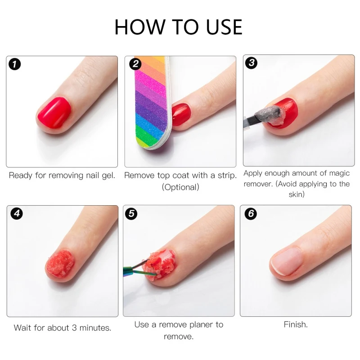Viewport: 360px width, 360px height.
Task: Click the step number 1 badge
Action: [15, 64]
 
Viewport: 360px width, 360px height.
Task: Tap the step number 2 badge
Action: [135, 64]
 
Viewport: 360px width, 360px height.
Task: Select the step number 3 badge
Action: [252, 63]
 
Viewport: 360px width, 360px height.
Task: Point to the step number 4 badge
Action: [17, 213]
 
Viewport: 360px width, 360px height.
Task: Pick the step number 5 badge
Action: [131, 213]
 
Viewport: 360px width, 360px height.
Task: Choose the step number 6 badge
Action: [251, 213]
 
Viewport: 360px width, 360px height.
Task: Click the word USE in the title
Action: [224, 27]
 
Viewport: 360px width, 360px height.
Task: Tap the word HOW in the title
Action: [140, 27]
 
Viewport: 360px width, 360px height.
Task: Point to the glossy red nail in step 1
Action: [54, 112]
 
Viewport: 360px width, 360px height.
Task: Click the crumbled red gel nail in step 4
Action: [60, 264]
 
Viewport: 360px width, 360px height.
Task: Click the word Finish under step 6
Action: [296, 324]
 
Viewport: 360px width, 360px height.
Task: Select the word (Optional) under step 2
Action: [180, 187]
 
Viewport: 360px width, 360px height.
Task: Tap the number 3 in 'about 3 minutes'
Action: [74, 328]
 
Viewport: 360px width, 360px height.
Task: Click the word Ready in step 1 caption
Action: [21, 175]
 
